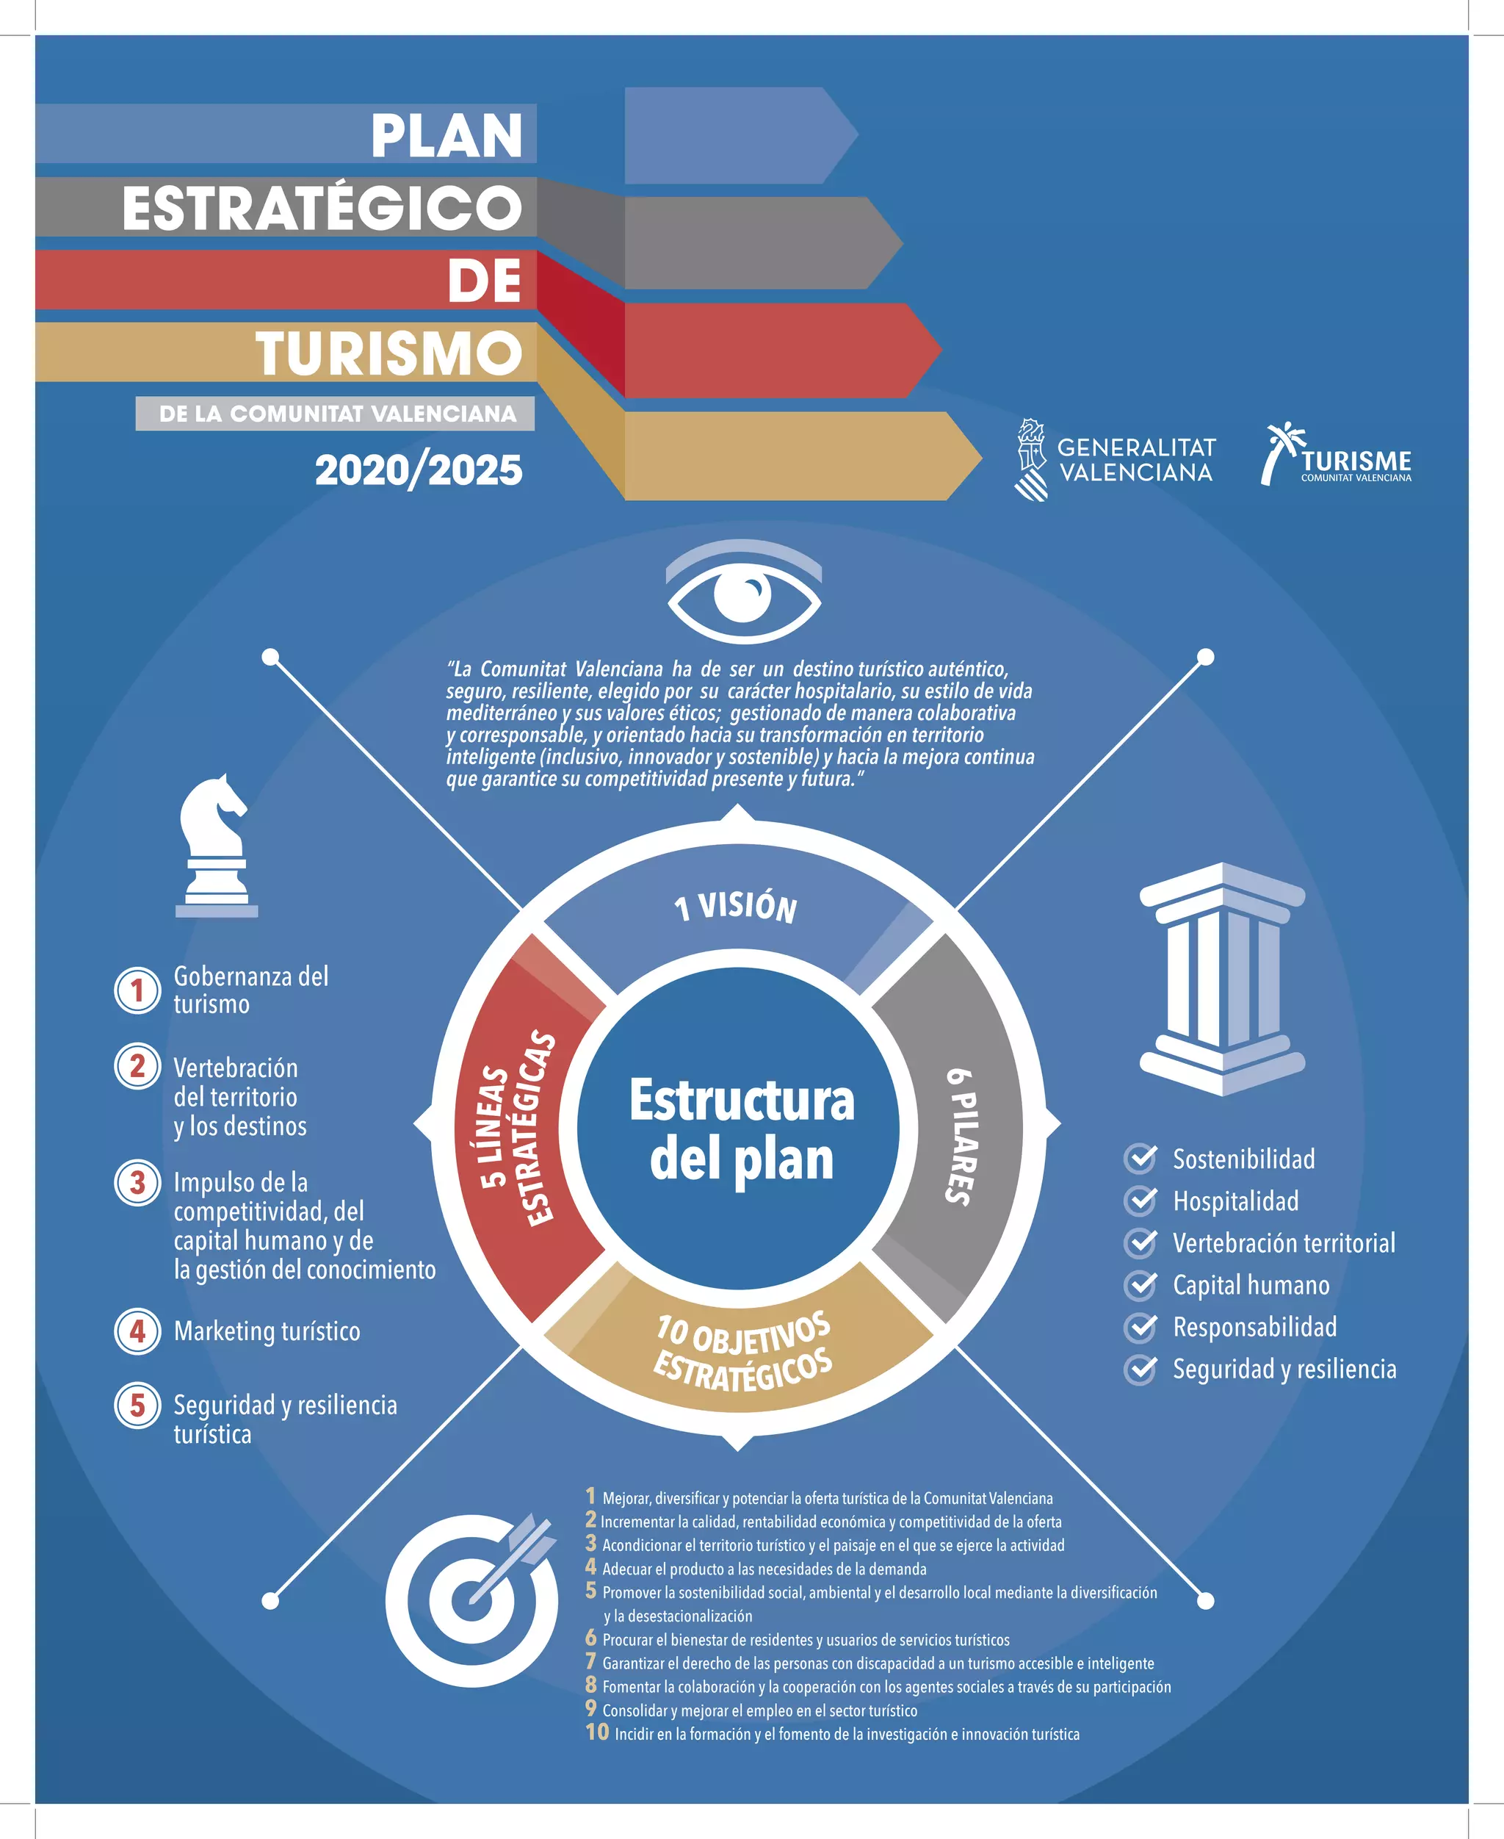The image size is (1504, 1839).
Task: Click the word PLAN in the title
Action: (447, 136)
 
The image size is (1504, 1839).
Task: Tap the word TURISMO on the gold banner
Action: (389, 353)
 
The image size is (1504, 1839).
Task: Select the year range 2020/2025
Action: (419, 470)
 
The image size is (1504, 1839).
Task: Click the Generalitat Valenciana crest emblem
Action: (1031, 460)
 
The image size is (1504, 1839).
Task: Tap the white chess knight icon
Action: (216, 845)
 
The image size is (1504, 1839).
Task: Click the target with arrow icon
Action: (472, 1599)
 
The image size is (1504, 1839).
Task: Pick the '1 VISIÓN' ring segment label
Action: (736, 907)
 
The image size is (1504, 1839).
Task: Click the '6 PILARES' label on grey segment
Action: (961, 1136)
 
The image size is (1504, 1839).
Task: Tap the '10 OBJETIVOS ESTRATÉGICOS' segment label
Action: (743, 1352)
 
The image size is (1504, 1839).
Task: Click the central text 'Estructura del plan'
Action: (742, 1129)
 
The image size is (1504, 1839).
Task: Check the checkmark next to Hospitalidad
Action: (1140, 1201)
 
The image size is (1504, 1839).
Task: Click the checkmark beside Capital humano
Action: (1140, 1284)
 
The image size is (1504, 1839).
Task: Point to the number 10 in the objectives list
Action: (597, 1732)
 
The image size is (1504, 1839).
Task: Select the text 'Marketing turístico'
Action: (267, 1331)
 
